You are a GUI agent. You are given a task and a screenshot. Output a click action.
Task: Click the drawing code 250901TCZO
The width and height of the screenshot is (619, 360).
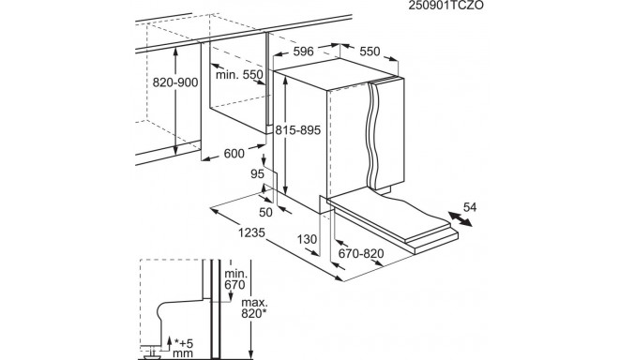445,5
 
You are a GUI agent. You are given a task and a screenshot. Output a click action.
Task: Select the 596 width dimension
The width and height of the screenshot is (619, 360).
303,52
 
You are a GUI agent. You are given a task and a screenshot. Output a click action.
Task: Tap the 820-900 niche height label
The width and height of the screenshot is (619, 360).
175,82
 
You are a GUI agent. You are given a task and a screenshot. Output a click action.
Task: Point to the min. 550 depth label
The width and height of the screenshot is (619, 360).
239,75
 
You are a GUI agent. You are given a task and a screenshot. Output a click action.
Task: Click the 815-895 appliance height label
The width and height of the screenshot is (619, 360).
298,130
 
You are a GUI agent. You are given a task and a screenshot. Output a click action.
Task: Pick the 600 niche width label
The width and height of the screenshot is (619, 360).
234,153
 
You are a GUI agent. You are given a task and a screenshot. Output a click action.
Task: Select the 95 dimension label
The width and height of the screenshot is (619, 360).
257,173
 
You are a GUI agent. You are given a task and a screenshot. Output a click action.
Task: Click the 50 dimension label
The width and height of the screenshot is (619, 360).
265,213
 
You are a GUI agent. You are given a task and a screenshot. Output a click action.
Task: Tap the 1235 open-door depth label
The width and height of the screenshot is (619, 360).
251,232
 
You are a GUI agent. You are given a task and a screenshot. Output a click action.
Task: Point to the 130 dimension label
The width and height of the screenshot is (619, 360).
307,239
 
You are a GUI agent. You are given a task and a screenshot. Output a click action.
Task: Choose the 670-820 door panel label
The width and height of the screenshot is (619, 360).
361,253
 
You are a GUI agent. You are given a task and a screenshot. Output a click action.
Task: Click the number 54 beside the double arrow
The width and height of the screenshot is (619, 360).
470,207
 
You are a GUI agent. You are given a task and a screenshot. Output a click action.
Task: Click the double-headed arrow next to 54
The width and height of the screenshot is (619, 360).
460,219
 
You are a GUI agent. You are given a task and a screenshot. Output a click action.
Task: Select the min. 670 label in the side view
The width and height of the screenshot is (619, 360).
235,279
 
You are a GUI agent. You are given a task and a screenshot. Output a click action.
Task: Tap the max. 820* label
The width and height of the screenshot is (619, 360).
254,308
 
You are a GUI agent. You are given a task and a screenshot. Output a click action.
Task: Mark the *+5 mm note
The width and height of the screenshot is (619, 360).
183,347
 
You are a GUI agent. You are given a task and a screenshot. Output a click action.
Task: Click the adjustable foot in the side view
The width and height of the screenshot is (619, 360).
152,353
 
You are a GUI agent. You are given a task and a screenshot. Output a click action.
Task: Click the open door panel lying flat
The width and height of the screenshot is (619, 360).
393,221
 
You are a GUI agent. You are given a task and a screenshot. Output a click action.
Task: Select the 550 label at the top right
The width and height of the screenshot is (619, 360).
370,52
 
